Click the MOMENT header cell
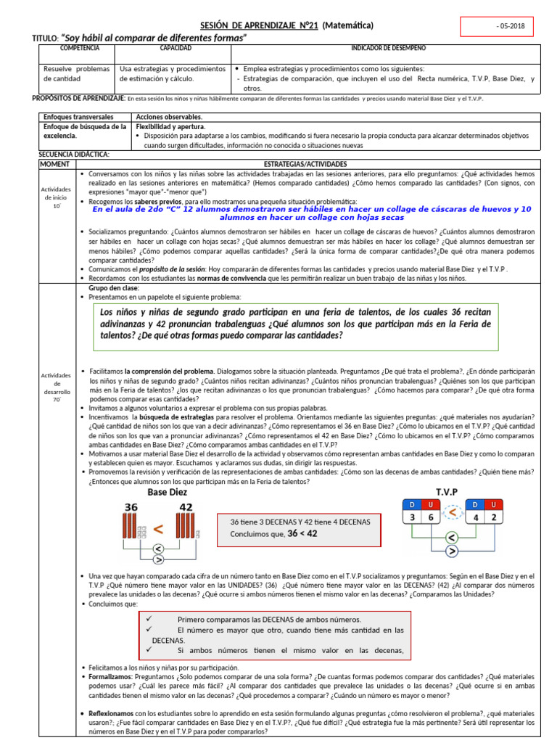(55, 165)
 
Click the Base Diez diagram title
(168, 492)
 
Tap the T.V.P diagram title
(447, 492)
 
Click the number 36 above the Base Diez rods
(131, 507)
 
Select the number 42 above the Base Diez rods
(186, 507)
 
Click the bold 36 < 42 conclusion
(302, 533)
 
